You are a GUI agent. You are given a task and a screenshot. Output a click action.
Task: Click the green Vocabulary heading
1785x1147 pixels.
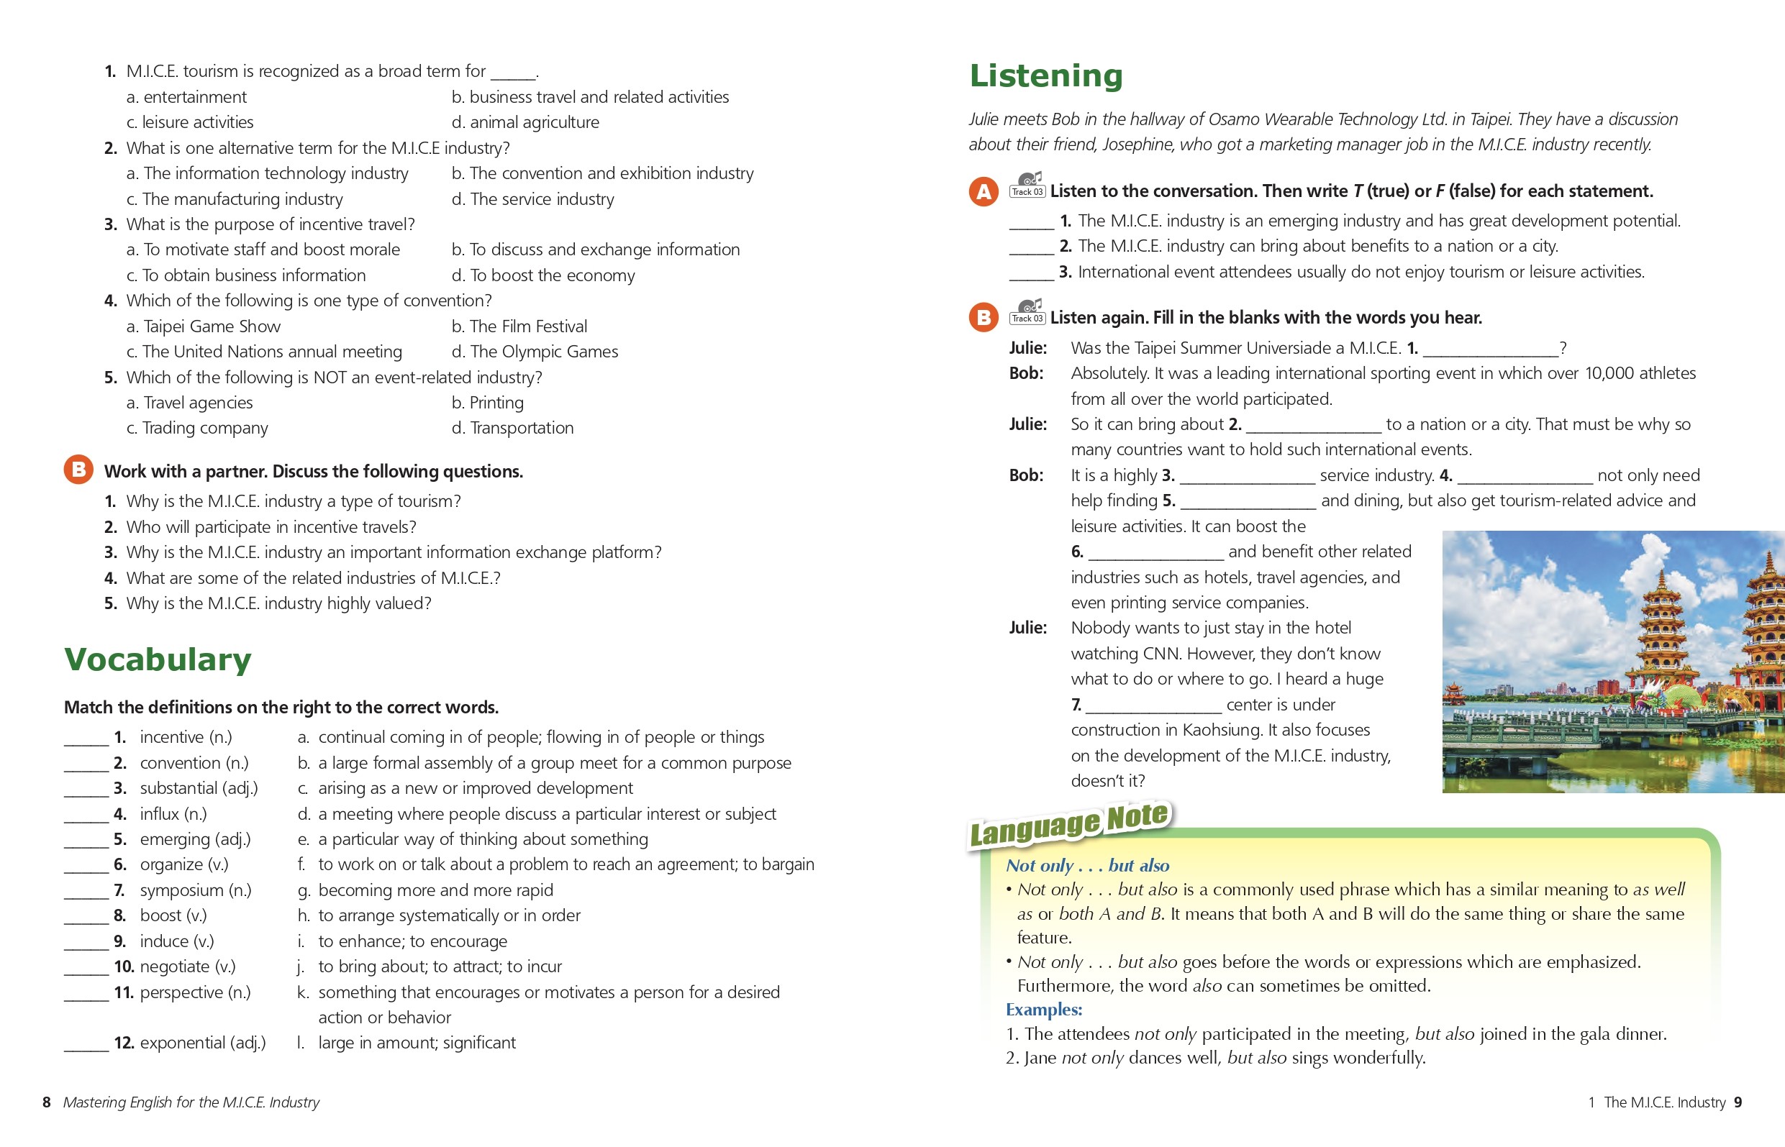tap(158, 660)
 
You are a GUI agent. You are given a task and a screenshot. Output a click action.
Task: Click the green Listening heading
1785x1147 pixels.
tap(1046, 76)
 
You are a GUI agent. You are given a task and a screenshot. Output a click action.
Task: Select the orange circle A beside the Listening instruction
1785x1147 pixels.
tap(984, 191)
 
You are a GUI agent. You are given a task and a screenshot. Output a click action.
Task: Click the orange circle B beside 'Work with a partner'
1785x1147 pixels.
tap(78, 470)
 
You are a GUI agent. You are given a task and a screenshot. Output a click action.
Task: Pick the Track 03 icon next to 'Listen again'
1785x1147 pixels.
tap(1027, 312)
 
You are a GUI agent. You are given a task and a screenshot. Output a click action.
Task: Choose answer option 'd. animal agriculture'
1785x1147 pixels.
tap(524, 122)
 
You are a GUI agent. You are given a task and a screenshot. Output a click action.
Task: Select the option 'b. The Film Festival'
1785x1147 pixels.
tap(519, 326)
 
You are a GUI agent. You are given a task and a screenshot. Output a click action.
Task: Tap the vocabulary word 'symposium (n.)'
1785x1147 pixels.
tap(195, 890)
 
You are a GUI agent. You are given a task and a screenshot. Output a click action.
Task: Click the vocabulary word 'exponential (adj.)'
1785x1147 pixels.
tap(203, 1043)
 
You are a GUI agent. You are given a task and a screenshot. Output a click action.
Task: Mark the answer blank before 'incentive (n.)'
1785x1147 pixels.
tap(86, 739)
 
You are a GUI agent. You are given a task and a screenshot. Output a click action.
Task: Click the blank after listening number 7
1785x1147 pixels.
tap(1153, 706)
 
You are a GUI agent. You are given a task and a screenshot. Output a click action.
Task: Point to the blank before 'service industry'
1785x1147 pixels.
tap(1247, 477)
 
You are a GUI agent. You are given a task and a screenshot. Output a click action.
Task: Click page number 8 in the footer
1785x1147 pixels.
tap(46, 1102)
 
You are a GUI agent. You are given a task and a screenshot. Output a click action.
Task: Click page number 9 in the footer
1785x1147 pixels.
tap(1738, 1102)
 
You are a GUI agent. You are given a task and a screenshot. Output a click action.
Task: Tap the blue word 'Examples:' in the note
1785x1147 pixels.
tap(1043, 1010)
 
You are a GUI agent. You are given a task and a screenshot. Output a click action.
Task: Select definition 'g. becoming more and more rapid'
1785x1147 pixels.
tap(424, 890)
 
